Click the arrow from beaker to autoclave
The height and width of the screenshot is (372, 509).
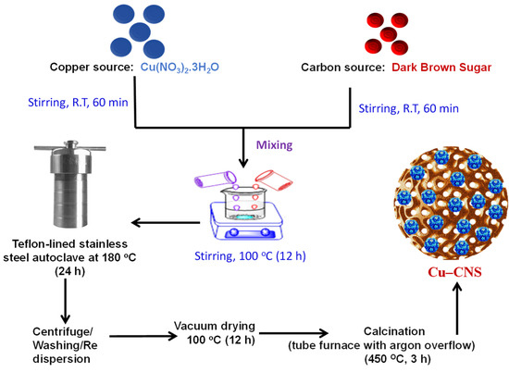pos(166,221)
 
